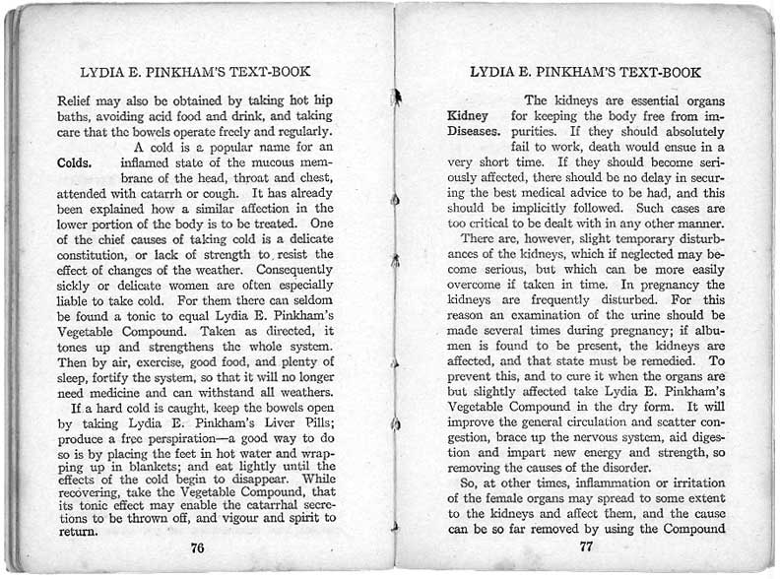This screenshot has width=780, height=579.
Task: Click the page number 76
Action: point(198,547)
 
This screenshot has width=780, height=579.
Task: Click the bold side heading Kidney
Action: point(468,115)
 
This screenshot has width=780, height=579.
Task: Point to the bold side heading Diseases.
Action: point(475,131)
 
